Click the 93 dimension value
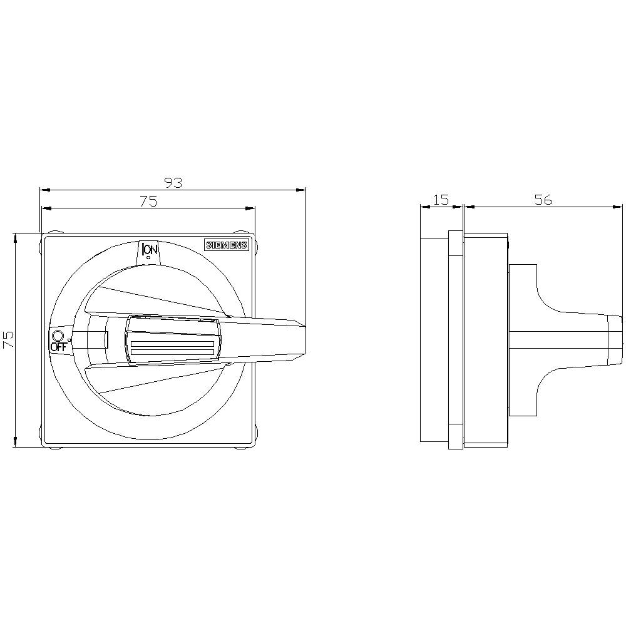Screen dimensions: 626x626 pos(173,182)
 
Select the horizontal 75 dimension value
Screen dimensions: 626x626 pos(148,201)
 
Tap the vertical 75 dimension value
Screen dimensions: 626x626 pos(8,339)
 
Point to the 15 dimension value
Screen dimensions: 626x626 pos(441,199)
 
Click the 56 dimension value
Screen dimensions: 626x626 pos(543,199)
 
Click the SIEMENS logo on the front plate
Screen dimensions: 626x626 pos(227,245)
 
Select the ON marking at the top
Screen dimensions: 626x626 pos(150,250)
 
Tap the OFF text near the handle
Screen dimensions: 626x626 pos(58,347)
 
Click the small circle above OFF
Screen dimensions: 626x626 pos(58,336)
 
